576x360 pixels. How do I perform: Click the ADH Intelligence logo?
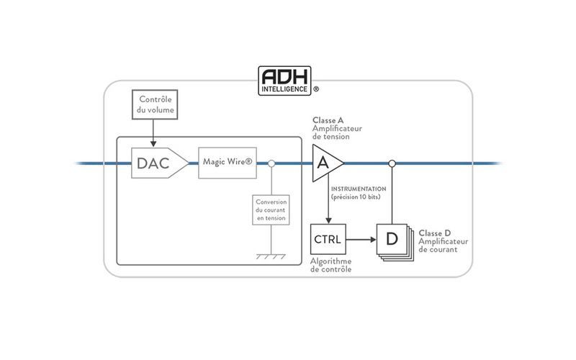(x=286, y=80)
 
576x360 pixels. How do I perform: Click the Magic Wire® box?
(x=228, y=163)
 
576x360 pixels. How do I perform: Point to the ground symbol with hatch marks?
(x=272, y=256)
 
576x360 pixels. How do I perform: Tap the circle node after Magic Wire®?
(x=271, y=163)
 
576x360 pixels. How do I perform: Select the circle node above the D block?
(x=392, y=163)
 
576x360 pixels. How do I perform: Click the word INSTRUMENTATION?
(x=358, y=188)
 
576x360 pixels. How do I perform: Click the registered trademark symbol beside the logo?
(x=316, y=91)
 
